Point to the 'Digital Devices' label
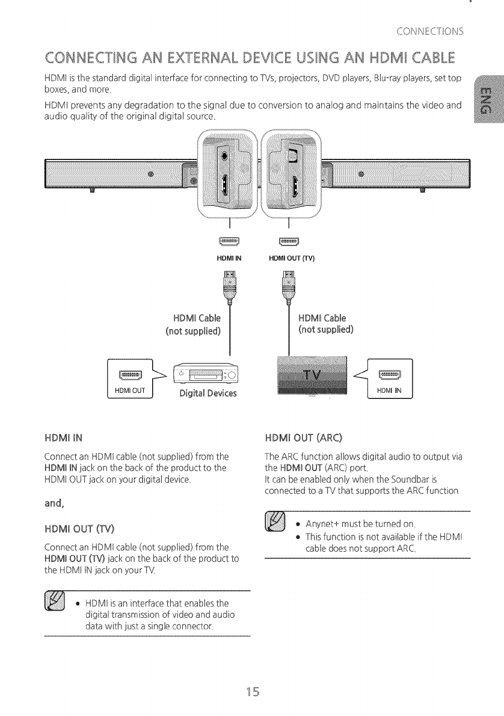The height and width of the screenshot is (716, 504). pyautogui.click(x=204, y=394)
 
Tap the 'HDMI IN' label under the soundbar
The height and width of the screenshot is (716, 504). pyautogui.click(x=229, y=259)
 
